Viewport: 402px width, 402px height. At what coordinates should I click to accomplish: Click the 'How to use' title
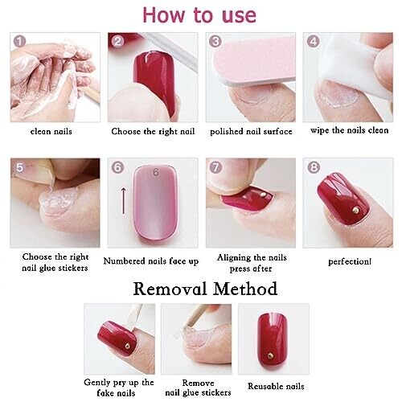(199, 15)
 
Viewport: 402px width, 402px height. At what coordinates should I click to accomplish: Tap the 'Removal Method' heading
(205, 289)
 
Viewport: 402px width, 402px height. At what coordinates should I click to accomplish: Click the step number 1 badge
(19, 41)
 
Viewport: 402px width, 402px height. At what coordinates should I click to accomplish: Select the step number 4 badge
(314, 41)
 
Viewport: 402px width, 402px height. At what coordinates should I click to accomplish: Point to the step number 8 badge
(314, 167)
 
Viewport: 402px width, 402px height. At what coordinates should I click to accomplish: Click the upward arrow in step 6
(124, 200)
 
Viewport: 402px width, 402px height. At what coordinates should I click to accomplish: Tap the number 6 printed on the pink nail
(156, 172)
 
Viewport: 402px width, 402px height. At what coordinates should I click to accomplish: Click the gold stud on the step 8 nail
(356, 209)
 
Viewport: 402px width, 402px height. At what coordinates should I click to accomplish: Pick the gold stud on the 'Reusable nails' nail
(270, 355)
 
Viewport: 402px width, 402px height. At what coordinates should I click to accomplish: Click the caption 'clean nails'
(51, 131)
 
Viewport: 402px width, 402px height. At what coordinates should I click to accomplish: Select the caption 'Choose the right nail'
(153, 131)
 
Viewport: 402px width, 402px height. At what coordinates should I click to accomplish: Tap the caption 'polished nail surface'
(251, 131)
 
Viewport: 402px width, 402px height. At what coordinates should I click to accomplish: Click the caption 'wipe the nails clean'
(350, 130)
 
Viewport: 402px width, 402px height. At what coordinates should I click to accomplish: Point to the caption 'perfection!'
(350, 261)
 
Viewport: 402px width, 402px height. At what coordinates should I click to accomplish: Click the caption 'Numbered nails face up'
(151, 261)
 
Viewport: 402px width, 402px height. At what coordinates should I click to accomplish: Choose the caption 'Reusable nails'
(276, 386)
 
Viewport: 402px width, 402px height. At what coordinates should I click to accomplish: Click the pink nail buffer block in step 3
(255, 64)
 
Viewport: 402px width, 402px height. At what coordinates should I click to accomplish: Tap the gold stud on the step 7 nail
(264, 194)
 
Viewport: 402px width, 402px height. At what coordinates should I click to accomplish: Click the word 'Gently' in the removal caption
(96, 383)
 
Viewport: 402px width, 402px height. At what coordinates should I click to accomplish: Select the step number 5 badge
(20, 167)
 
